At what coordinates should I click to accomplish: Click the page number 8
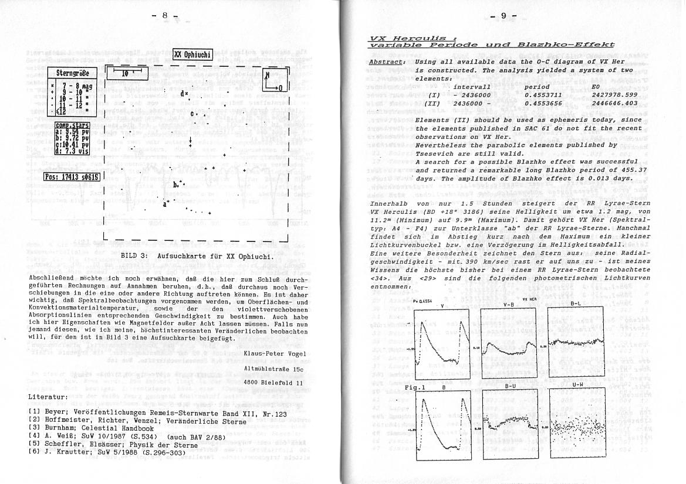165,16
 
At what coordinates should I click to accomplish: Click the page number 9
503,16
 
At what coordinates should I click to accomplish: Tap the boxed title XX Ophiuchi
193,55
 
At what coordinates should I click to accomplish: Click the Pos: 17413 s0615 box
72,176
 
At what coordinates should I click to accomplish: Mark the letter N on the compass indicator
268,76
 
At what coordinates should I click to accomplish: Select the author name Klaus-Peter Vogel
275,353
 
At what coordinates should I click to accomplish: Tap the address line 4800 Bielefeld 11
273,383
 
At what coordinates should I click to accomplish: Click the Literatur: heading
48,397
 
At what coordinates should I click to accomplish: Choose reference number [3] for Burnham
34,428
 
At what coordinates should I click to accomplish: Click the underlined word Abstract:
387,62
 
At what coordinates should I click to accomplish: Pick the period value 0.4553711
543,95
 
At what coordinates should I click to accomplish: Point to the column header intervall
472,87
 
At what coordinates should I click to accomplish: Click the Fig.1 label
415,387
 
